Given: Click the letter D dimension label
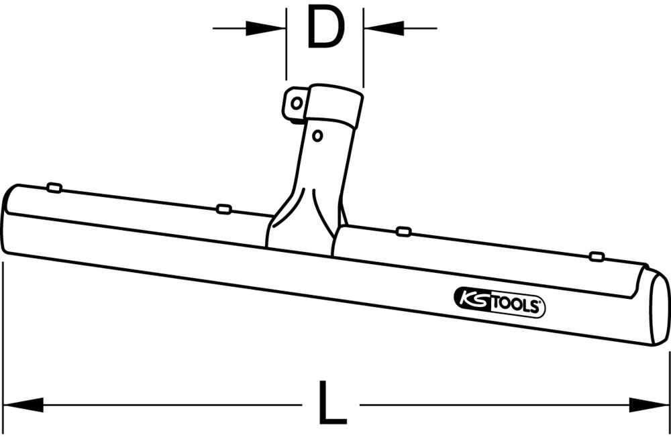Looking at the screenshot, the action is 325,28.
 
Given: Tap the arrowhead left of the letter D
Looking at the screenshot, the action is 268,28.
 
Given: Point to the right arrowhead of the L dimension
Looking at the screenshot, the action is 647,404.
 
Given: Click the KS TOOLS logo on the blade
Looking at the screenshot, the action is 500,305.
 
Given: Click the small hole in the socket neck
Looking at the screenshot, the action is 318,135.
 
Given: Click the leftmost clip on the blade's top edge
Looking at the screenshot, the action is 55,188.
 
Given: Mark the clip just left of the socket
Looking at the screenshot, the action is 224,209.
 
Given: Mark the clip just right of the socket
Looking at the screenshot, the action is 403,231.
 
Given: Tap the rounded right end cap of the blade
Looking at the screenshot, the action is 658,310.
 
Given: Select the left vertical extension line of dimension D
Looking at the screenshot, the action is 287,47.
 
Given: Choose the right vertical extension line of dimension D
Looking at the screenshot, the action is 363,47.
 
